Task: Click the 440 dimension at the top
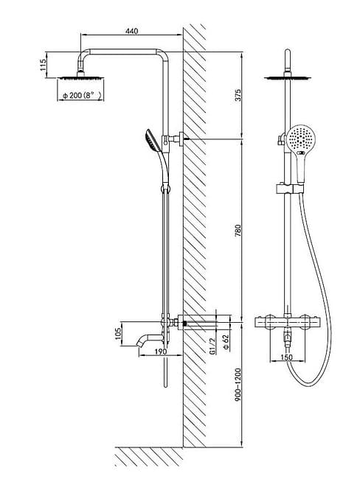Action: coord(132,32)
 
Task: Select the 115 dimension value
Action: coord(44,64)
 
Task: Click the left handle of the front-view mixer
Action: coord(260,322)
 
